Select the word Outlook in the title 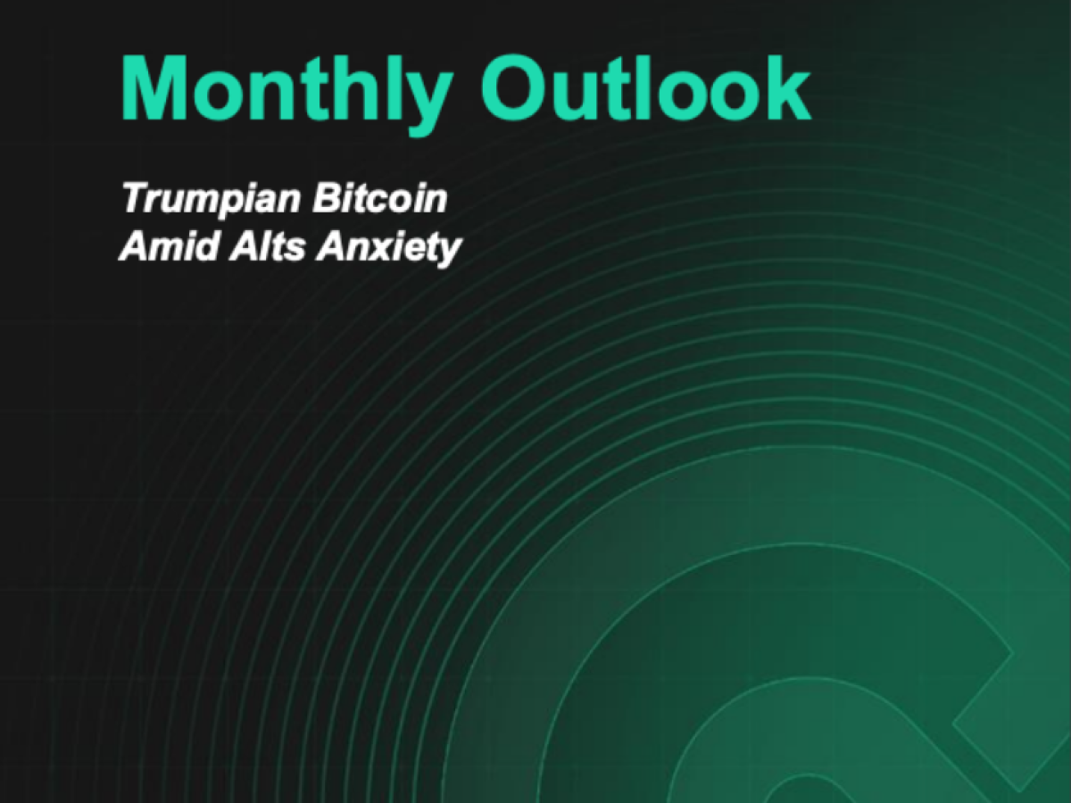[645, 87]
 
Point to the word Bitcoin [379, 198]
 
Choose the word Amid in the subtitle [170, 245]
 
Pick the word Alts [268, 245]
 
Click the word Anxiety [389, 249]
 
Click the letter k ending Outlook [784, 87]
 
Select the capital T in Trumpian [138, 197]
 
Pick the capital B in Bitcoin [328, 198]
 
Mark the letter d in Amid [206, 245]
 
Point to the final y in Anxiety [447, 253]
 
